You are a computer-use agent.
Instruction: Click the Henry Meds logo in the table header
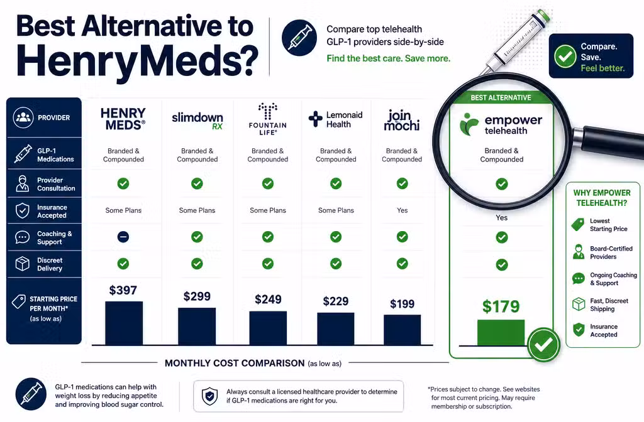pyautogui.click(x=123, y=119)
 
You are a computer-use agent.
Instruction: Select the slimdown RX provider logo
pyautogui.click(x=197, y=121)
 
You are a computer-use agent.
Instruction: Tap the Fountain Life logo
pyautogui.click(x=268, y=119)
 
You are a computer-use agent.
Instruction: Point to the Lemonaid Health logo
pyautogui.click(x=336, y=119)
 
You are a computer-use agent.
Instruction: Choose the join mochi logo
pyautogui.click(x=402, y=120)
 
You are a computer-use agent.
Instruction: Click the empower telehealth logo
pyautogui.click(x=501, y=124)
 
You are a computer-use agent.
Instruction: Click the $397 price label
pyautogui.click(x=123, y=290)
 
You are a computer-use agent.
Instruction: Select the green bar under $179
pyautogui.click(x=501, y=333)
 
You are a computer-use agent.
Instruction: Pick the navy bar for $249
pyautogui.click(x=268, y=328)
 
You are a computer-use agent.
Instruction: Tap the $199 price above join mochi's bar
pyautogui.click(x=402, y=304)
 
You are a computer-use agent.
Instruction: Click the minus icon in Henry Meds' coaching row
pyautogui.click(x=123, y=237)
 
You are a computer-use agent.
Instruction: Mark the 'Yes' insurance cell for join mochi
pyautogui.click(x=402, y=210)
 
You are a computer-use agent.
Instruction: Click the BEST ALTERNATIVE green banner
pyautogui.click(x=501, y=97)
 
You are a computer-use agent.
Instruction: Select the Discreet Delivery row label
pyautogui.click(x=50, y=264)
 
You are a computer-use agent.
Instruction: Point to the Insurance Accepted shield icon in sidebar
pyautogui.click(x=23, y=210)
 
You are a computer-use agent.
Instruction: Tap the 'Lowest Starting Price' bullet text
pyautogui.click(x=609, y=225)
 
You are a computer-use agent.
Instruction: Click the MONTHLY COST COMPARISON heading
pyautogui.click(x=235, y=363)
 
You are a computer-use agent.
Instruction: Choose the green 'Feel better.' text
pyautogui.click(x=602, y=68)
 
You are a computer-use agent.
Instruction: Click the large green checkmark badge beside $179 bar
pyautogui.click(x=543, y=345)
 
